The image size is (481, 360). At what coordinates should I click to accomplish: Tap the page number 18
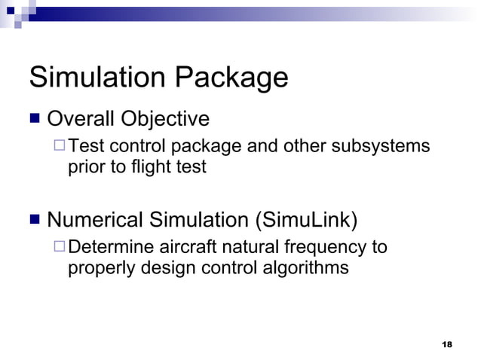(x=447, y=344)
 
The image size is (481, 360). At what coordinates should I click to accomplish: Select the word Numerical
(x=95, y=221)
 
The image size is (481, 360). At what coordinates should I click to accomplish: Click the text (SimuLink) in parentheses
(x=306, y=221)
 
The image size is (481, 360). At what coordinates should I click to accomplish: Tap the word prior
(x=85, y=167)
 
